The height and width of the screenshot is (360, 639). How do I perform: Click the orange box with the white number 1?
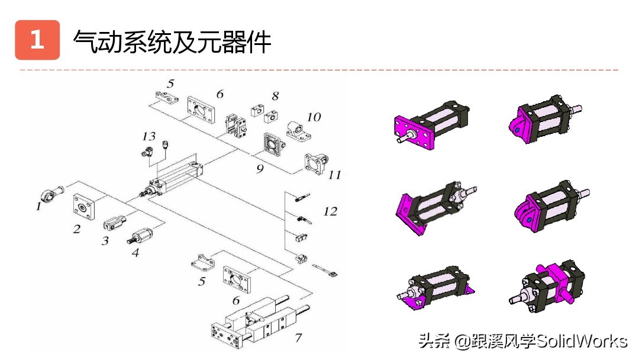37,40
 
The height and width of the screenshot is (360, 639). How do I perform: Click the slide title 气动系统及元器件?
172,41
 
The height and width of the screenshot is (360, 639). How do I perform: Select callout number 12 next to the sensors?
330,211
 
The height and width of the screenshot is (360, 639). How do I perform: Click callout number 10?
314,117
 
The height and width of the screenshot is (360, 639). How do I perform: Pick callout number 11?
335,175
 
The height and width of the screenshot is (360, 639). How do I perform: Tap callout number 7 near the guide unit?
298,337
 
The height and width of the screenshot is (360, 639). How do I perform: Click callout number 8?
275,95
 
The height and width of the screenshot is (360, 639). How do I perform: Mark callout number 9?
260,168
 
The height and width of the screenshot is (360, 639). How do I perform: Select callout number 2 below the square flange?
77,229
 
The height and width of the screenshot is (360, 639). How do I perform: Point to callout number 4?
135,252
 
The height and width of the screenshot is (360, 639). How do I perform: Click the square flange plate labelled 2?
83,207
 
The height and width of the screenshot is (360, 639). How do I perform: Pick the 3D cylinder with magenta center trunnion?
547,287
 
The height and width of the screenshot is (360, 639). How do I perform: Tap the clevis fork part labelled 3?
114,223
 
